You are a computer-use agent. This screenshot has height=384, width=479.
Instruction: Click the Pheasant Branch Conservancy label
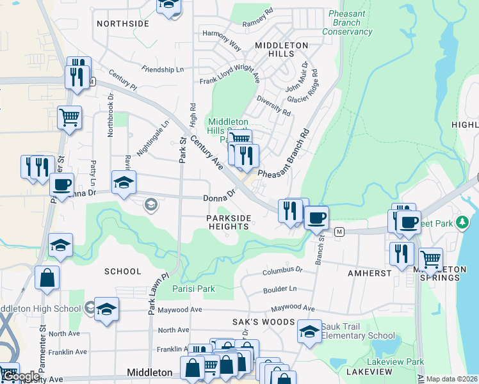[x=348, y=22]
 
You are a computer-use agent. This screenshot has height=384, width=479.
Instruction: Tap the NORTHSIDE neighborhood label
[x=123, y=24]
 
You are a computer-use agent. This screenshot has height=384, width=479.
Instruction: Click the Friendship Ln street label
[x=163, y=68]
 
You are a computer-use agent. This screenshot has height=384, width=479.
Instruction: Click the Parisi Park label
[x=194, y=289]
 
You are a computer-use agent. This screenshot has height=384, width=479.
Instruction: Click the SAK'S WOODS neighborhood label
[x=263, y=322]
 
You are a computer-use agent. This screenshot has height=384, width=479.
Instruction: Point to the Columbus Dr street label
[x=282, y=272]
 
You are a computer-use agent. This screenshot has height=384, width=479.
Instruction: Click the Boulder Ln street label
[x=280, y=290]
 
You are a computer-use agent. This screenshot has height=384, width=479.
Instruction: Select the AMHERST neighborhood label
[x=369, y=273]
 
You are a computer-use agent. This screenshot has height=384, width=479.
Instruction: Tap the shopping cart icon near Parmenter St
[x=69, y=117]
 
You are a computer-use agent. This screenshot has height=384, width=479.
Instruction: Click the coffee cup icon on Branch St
[x=316, y=218]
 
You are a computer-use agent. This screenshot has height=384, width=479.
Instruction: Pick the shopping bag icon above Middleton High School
[x=47, y=278]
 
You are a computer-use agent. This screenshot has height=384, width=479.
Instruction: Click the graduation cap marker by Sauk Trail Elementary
[x=309, y=332]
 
